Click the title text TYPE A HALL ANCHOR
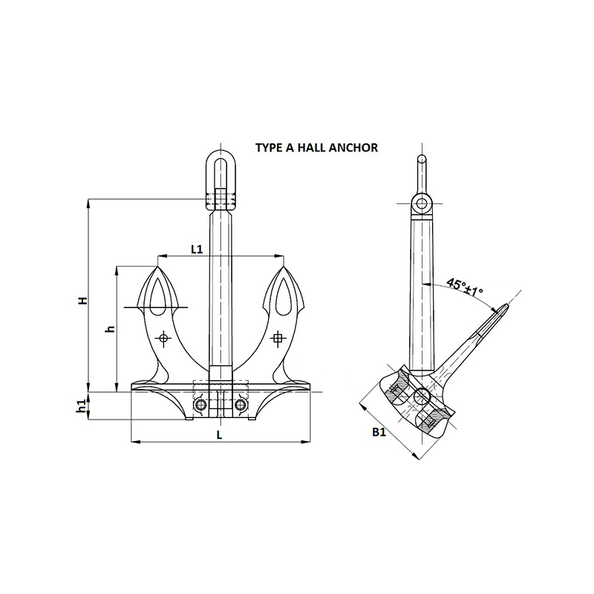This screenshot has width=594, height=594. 317,147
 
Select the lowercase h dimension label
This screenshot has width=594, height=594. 110,329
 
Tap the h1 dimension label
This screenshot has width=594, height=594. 81,405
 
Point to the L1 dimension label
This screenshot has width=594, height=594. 197,249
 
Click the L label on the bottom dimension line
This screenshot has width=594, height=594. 219,435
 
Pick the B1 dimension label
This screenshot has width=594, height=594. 379,432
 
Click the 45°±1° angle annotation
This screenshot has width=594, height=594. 465,287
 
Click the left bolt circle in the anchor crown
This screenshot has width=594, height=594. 200,405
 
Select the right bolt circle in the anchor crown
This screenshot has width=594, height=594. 240,405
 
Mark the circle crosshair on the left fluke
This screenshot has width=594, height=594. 163,338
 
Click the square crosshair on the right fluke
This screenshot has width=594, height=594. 278,338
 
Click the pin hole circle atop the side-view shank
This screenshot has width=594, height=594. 421,203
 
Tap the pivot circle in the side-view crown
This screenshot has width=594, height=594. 421,396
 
